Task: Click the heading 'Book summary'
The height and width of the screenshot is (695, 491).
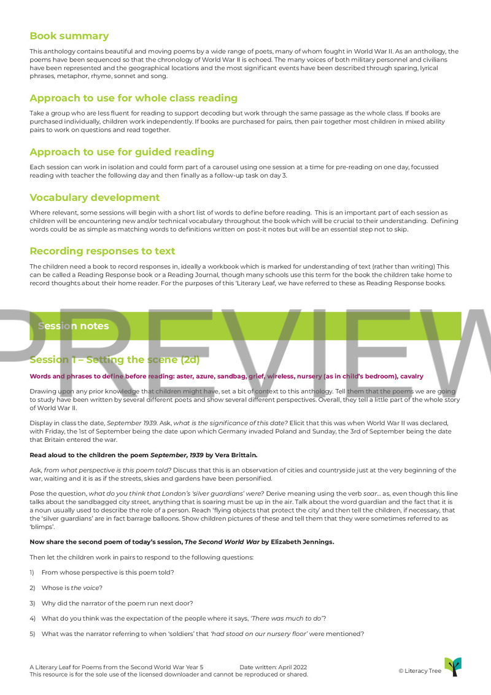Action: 69,36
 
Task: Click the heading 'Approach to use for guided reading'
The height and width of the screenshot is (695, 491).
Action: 122,152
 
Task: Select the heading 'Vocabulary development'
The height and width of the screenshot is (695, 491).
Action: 95,198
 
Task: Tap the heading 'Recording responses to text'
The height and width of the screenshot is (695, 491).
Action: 102,251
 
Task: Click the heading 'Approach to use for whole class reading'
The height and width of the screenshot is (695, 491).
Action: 133,98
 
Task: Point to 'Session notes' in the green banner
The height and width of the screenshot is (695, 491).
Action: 73,326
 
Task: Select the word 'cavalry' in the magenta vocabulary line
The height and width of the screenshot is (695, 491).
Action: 412,377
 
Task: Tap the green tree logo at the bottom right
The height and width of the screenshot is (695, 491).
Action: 453,667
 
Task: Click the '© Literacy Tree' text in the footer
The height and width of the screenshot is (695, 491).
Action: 420,671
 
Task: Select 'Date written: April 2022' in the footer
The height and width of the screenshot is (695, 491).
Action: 273,667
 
